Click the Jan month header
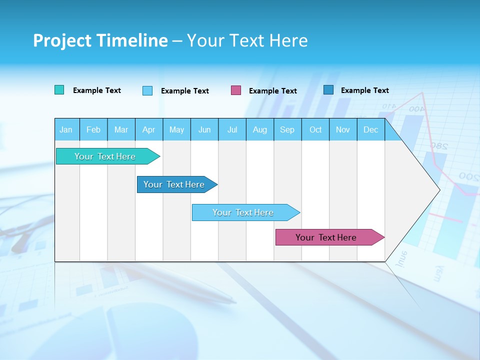tap(66, 129)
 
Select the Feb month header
tap(93, 129)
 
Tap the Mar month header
tap(121, 129)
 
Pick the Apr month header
tap(149, 129)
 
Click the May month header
tap(176, 129)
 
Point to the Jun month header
tap(204, 129)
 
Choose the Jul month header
tap(232, 129)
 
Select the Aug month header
tap(260, 129)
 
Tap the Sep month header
tap(287, 129)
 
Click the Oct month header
tap(315, 129)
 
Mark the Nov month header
tap(343, 129)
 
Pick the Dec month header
tap(371, 129)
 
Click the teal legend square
tap(59, 90)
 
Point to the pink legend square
tap(236, 90)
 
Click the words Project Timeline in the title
tap(100, 40)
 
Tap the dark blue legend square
tap(328, 90)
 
